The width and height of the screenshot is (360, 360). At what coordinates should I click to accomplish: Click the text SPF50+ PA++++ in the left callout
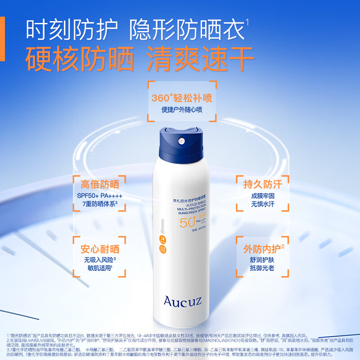click(99, 196)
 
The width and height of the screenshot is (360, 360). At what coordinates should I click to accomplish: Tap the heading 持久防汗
click(263, 184)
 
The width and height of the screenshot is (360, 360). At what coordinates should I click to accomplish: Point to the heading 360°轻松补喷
click(182, 98)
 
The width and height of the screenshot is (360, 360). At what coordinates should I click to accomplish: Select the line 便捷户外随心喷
click(182, 109)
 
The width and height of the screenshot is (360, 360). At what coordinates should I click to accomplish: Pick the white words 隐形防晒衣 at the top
click(186, 30)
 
